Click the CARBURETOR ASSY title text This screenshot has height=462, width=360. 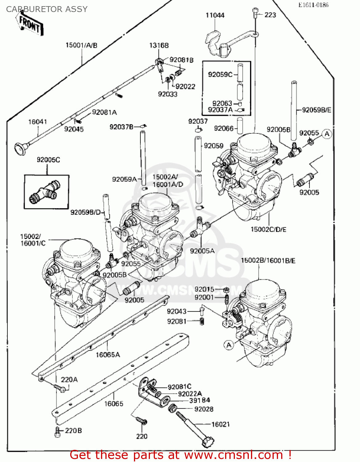(x=47, y=9)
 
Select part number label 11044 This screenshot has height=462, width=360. (x=215, y=15)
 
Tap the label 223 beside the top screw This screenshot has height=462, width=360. (x=270, y=15)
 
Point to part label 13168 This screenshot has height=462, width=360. (x=159, y=45)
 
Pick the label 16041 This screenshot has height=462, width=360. (x=38, y=122)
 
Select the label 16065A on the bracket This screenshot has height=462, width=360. (x=107, y=355)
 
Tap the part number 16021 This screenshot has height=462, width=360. (x=220, y=424)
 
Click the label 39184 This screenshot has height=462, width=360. (x=200, y=400)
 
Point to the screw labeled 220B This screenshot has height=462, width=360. (x=58, y=431)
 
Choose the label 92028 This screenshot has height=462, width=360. (x=204, y=409)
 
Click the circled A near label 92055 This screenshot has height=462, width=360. (x=327, y=134)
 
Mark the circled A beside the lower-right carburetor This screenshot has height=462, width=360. (x=229, y=345)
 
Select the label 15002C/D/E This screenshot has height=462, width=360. (x=268, y=229)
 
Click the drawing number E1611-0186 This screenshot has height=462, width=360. (x=313, y=5)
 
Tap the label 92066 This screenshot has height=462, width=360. (x=224, y=128)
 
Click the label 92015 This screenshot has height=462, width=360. (x=204, y=289)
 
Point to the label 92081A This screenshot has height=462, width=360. (x=104, y=112)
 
